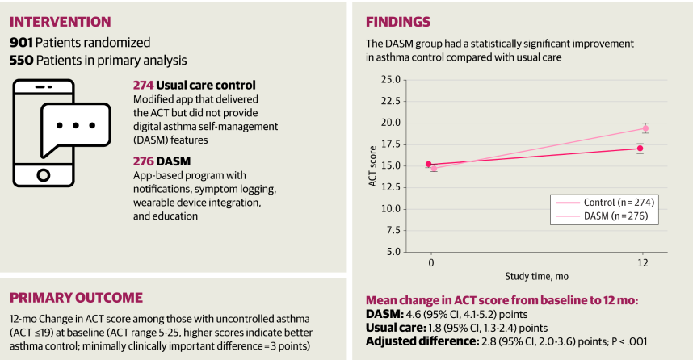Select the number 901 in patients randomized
21,42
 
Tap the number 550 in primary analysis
21,59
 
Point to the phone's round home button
44,174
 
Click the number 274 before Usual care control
142,85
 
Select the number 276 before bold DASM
142,161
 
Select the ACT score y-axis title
373,165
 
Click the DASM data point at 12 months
645,128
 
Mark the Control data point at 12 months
640,149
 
